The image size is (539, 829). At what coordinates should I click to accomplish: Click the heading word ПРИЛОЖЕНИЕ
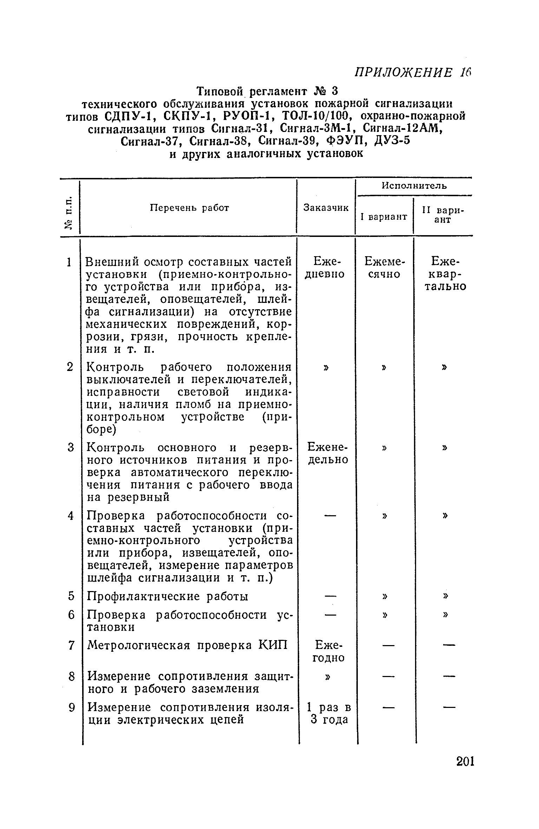pyautogui.click(x=403, y=73)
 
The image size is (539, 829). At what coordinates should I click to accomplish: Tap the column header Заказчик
pyautogui.click(x=326, y=208)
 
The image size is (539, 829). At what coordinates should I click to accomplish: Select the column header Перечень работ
pyautogui.click(x=190, y=208)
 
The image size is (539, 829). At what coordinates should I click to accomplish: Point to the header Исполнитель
pyautogui.click(x=414, y=186)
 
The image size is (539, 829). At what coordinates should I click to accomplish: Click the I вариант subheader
pyautogui.click(x=384, y=217)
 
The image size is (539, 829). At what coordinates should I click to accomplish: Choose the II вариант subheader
pyautogui.click(x=443, y=215)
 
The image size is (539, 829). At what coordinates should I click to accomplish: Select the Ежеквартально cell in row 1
pyautogui.click(x=445, y=273)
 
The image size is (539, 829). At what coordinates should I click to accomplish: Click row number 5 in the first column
pyautogui.click(x=71, y=596)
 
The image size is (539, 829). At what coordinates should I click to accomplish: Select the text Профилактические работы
pyautogui.click(x=167, y=596)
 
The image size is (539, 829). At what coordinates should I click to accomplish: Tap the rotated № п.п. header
pyautogui.click(x=70, y=213)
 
